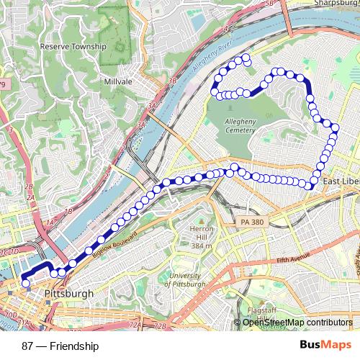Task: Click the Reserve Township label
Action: coord(73,46)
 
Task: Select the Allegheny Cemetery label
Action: coord(236,127)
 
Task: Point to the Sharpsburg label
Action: coord(331,3)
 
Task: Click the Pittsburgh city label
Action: coord(68,294)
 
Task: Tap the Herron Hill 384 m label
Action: coord(199,242)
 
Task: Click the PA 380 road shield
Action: coord(253,222)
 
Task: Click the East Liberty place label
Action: coord(340,181)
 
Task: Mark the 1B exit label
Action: coord(69,210)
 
